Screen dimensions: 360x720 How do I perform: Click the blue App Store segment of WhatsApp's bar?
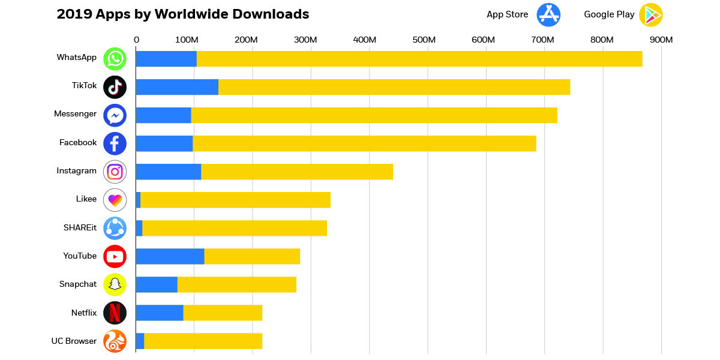[166, 59]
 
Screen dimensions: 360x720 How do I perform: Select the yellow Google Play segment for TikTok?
[394, 87]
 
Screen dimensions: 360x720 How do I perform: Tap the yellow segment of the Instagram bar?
[296, 172]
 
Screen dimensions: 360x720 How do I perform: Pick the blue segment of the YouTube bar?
[170, 256]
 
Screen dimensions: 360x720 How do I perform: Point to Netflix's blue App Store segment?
[160, 313]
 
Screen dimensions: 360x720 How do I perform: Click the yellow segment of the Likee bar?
[235, 200]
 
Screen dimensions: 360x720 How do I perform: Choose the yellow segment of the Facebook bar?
[364, 143]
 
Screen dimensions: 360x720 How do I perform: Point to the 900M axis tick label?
[661, 40]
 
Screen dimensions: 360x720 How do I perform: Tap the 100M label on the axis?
[187, 40]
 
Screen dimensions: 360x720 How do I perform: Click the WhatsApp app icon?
[115, 59]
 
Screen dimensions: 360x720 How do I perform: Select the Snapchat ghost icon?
[115, 284]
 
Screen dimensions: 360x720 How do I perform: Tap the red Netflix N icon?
[115, 313]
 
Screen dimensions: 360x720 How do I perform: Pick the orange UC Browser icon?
[115, 341]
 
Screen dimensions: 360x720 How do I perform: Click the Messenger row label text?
[75, 114]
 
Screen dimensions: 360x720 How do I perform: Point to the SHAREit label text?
[80, 227]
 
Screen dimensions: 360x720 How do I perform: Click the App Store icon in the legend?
[548, 14]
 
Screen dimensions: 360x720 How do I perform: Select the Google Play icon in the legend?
[650, 14]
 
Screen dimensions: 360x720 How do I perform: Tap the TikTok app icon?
[115, 87]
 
